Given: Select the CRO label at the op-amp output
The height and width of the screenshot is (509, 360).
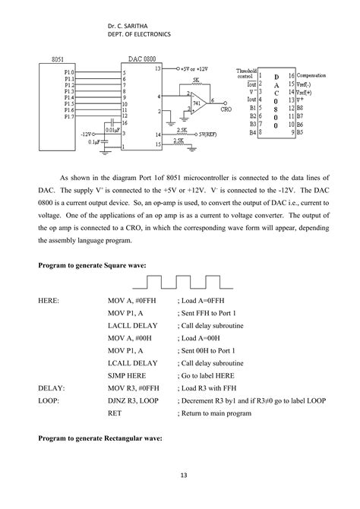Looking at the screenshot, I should click(226, 109).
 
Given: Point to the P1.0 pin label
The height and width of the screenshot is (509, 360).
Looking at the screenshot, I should click(68, 73).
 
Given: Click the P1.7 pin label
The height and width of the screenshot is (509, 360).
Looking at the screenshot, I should click(68, 115).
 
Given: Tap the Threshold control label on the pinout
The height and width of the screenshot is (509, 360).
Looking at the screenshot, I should click(247, 73).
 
